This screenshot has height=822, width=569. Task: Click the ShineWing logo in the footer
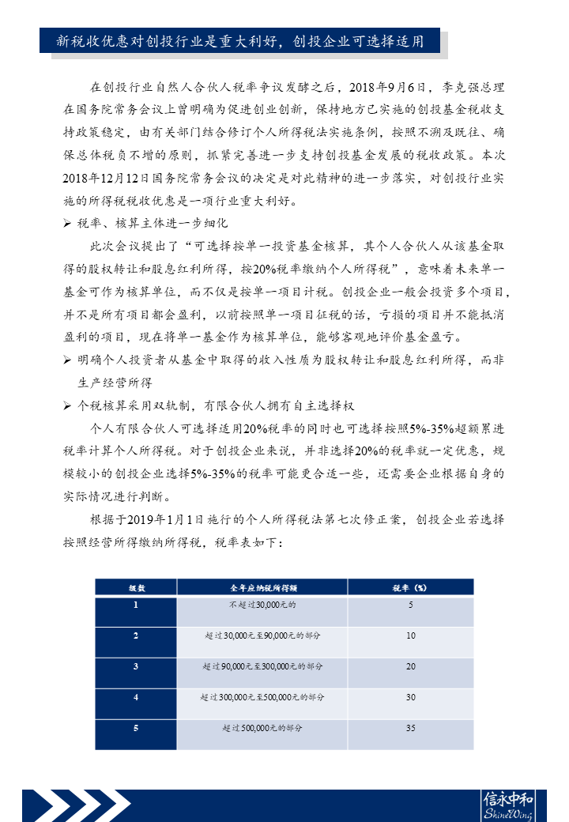point(507,805)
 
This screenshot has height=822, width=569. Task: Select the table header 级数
point(136,587)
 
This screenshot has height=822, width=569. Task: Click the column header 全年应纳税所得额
point(262,587)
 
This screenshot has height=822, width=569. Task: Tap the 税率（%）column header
point(410,587)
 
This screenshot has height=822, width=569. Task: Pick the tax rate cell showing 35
point(410,727)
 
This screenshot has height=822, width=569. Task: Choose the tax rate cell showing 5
point(410,605)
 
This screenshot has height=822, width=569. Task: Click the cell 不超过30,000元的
point(262,605)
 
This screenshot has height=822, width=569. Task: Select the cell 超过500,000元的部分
point(262,727)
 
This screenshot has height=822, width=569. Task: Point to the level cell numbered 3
point(136,666)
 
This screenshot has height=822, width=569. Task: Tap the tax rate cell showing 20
point(410,666)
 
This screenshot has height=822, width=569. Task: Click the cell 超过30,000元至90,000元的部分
point(262,635)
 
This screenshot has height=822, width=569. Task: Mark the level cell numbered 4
point(136,697)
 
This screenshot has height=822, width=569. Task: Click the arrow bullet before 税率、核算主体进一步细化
point(67,224)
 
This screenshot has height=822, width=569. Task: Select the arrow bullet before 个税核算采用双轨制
point(67,406)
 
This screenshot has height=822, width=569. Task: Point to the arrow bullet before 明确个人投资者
point(67,360)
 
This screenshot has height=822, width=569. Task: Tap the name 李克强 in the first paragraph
point(465,86)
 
